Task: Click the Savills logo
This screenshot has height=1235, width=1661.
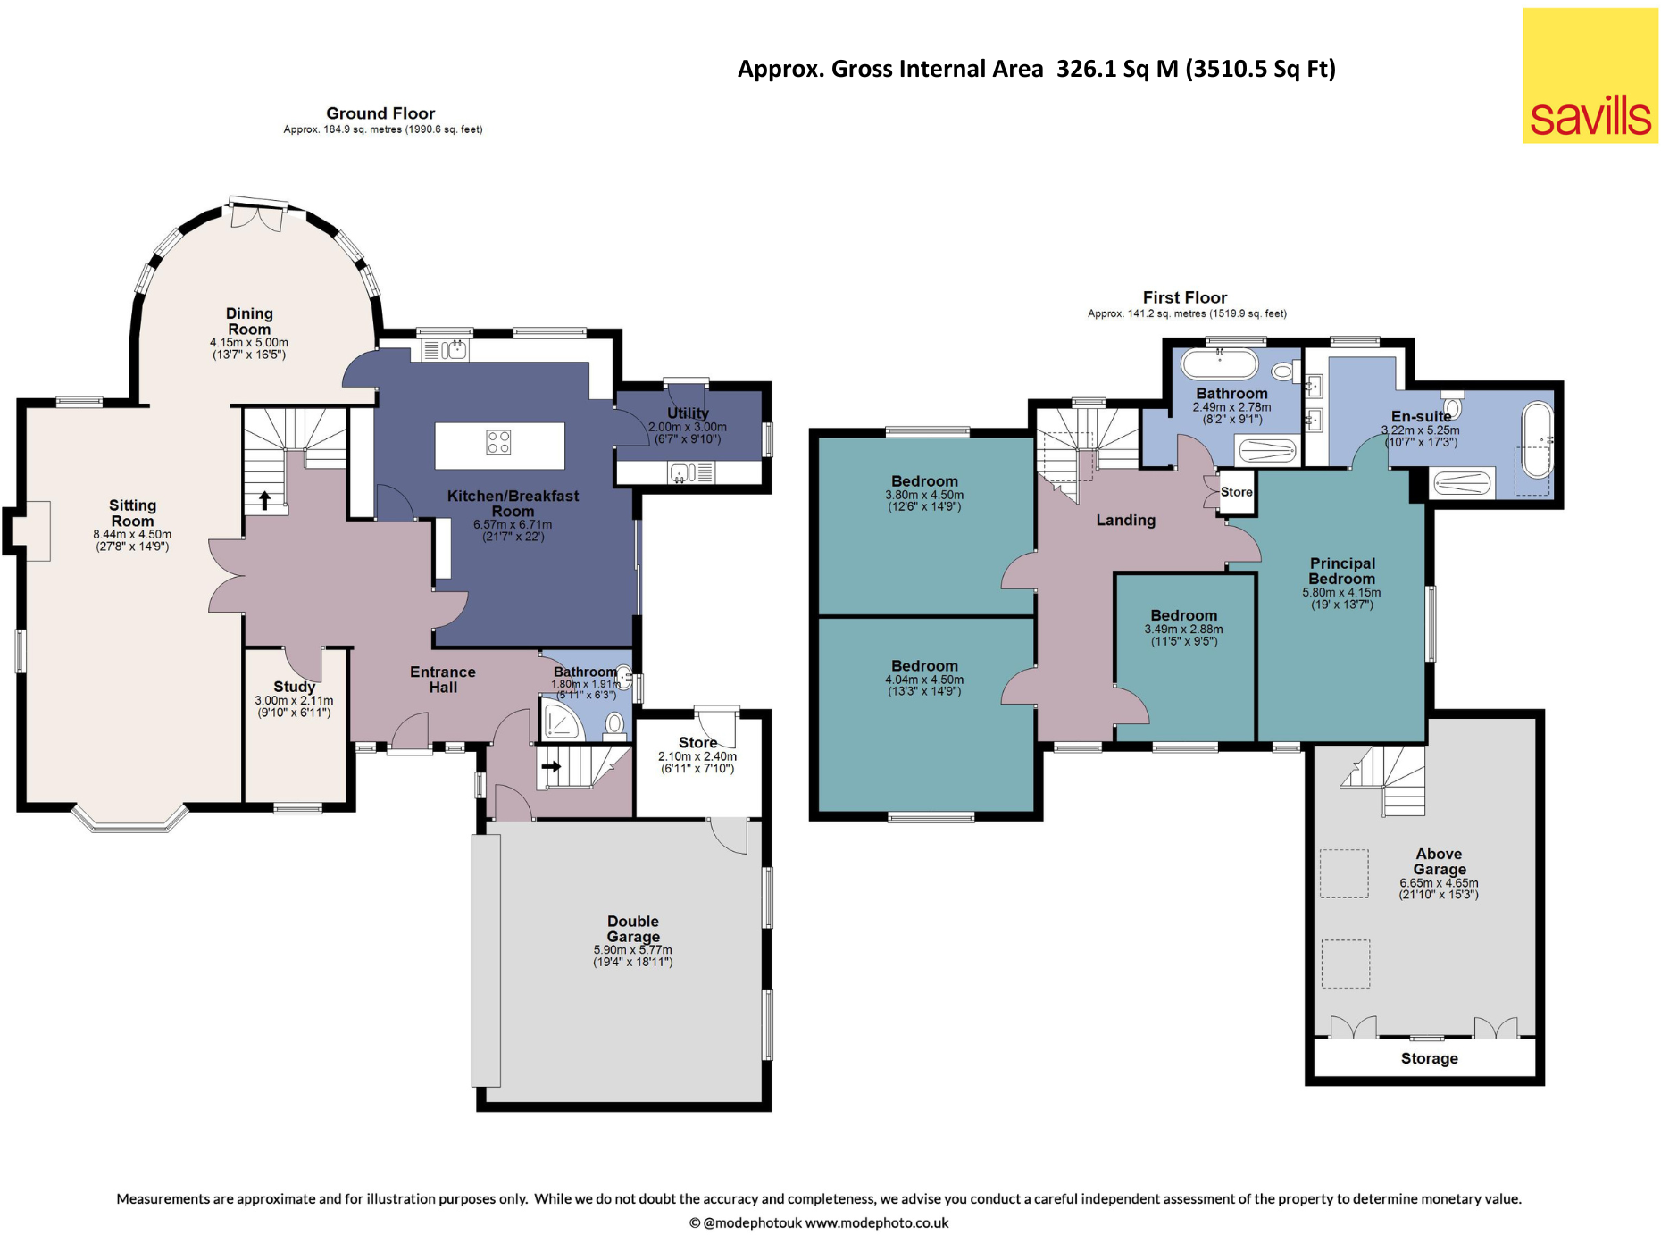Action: (x=1590, y=76)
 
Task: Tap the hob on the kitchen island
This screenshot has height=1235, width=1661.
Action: (x=498, y=442)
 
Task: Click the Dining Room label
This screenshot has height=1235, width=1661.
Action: (x=249, y=321)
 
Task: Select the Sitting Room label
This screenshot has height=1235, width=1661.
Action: (x=132, y=513)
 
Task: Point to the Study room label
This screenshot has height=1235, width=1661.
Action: (x=295, y=687)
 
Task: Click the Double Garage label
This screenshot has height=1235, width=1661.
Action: (x=633, y=929)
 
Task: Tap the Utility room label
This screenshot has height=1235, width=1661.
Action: (x=688, y=413)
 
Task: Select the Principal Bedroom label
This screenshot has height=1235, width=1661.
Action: (x=1342, y=571)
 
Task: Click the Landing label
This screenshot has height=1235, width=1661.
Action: (x=1126, y=520)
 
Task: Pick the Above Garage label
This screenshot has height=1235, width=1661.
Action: (x=1439, y=861)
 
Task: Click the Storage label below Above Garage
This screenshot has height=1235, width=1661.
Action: (x=1429, y=1058)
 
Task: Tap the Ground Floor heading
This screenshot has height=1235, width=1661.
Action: (x=380, y=113)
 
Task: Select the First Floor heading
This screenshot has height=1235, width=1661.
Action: (x=1185, y=297)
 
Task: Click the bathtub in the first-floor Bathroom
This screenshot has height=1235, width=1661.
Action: (x=1219, y=364)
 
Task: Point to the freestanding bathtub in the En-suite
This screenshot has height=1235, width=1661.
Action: (x=1538, y=439)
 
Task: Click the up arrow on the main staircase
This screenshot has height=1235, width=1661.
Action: (x=264, y=500)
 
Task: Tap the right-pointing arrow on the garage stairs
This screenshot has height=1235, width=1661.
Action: (x=551, y=766)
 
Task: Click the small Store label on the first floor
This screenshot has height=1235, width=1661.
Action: (x=1237, y=492)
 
